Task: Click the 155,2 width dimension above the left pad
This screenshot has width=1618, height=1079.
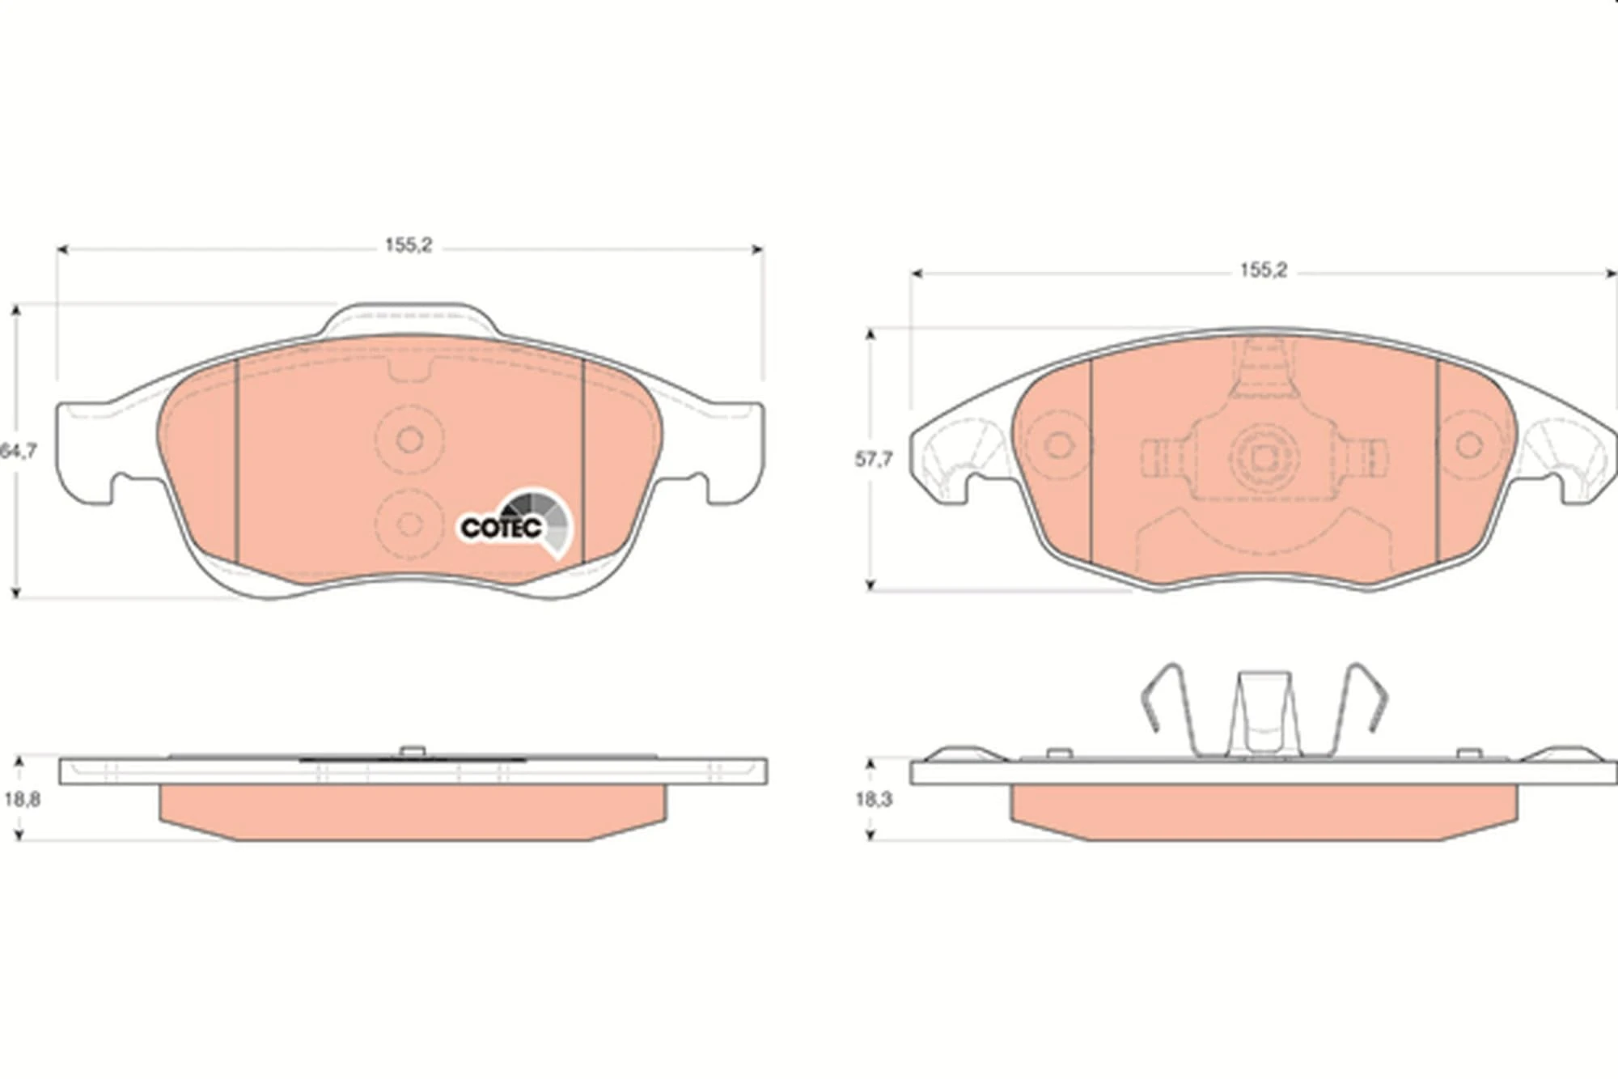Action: [x=409, y=245]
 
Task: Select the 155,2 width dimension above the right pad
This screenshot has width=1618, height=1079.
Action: [x=1263, y=270]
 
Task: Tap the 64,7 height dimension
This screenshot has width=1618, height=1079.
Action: [x=18, y=452]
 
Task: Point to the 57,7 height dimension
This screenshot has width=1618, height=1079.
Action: [x=874, y=460]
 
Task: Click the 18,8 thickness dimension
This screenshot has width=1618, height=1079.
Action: [x=22, y=800]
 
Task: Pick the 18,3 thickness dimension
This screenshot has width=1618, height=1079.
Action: [x=874, y=800]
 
